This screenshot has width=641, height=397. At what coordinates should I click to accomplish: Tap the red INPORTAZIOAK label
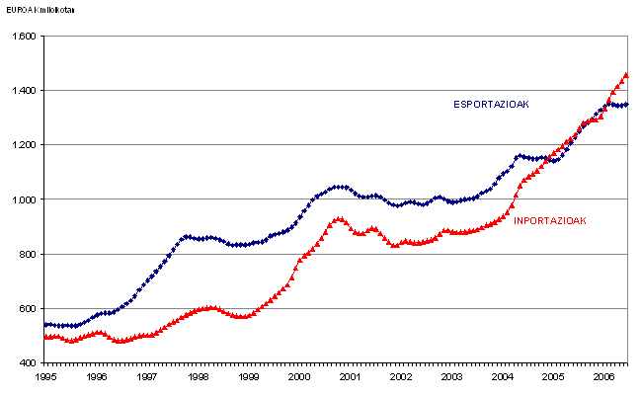click(x=550, y=220)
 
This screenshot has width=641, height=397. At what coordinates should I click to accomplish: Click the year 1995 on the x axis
click(x=45, y=377)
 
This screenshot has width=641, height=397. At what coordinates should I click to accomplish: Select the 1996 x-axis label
click(x=97, y=377)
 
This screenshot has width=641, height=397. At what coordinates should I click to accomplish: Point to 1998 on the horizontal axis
click(x=199, y=377)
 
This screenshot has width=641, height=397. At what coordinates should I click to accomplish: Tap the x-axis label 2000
click(x=300, y=377)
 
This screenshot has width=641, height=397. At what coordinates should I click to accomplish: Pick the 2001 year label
click(x=351, y=377)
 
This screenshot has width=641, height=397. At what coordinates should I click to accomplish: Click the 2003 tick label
click(x=452, y=377)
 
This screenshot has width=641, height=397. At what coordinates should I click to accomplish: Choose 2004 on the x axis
click(x=503, y=377)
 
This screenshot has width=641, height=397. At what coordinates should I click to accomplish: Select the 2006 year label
click(x=604, y=377)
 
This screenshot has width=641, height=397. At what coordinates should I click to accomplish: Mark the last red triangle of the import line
click(x=626, y=75)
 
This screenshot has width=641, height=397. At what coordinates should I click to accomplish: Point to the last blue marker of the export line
click(x=626, y=104)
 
